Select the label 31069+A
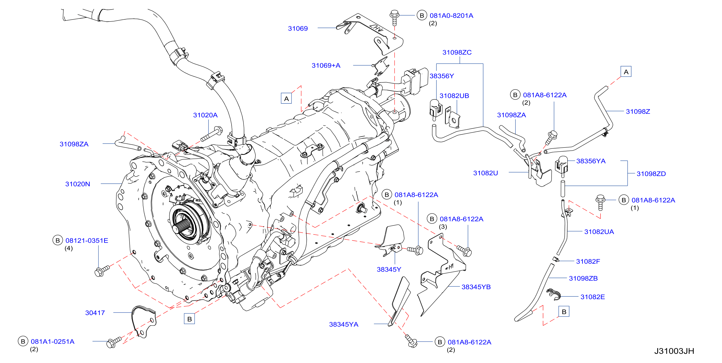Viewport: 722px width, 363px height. pos(326,66)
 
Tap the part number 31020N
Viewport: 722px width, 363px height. pos(78,184)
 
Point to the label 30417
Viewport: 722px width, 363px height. pos(95,313)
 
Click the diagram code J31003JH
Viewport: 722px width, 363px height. pos(674,351)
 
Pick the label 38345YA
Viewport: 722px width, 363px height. pos(344,325)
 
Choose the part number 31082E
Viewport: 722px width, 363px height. pos(592,297)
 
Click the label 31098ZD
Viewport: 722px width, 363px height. pos(651,174)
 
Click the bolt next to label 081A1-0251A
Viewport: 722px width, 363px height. pos(113,342)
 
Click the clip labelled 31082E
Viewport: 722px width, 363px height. pos(553,294)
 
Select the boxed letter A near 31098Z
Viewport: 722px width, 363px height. pos(626,72)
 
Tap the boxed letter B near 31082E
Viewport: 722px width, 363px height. pos(564,312)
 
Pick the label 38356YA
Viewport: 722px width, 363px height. pos(591,161)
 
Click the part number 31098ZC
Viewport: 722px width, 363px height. pos(457,52)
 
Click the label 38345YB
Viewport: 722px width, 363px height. pos(476,287)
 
